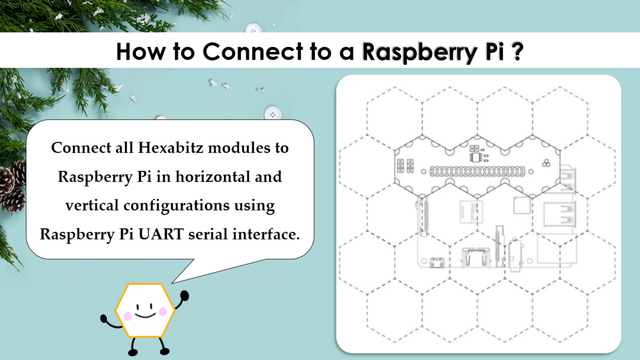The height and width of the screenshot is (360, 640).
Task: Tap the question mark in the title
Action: (x=517, y=52)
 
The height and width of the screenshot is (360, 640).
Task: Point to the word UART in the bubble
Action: (x=161, y=234)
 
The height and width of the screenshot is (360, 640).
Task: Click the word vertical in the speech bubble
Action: (x=92, y=205)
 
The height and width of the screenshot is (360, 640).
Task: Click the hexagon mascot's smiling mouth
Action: (x=145, y=315)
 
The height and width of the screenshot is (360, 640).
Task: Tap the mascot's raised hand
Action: (x=185, y=295)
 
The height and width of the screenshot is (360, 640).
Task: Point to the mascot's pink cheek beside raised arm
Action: (x=163, y=311)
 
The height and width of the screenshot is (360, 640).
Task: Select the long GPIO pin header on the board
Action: (x=477, y=172)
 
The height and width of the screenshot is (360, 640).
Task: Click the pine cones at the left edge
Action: (x=13, y=186)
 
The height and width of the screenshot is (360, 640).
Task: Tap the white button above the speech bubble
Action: (x=272, y=114)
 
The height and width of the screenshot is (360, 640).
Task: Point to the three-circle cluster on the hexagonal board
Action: (x=546, y=163)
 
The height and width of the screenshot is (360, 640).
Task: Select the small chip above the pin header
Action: (x=475, y=157)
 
